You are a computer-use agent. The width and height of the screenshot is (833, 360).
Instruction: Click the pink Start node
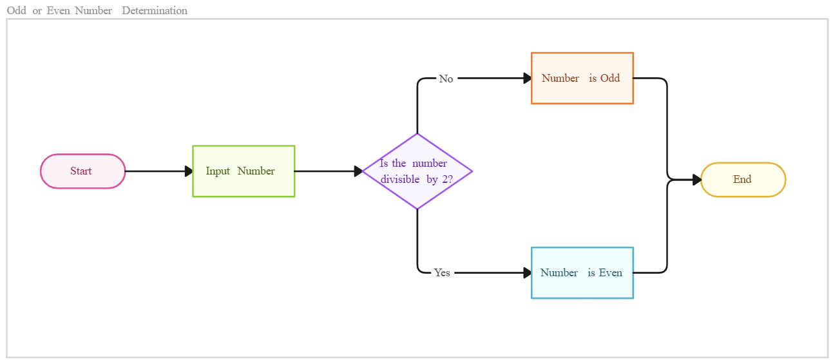82,171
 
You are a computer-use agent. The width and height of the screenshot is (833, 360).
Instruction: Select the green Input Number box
244,171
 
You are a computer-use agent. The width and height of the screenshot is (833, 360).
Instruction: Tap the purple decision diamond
417,171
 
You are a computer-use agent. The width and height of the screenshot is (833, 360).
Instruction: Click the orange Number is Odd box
582,78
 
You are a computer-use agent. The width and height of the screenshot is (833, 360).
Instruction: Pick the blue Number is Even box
582,273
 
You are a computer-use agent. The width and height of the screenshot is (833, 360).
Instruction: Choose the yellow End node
743,180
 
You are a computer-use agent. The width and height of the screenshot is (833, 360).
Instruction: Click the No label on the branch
446,79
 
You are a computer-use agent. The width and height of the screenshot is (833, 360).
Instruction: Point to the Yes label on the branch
442,272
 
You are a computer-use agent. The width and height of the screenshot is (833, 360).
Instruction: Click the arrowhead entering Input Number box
188,171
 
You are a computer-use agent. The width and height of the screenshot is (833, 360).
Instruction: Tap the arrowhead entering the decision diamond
358,171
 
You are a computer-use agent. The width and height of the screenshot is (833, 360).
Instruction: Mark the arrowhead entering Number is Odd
526,78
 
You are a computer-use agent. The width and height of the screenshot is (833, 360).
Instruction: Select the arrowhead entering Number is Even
526,273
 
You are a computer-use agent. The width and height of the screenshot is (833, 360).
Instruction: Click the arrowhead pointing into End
696,180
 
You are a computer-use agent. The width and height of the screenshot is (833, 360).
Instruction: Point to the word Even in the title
58,10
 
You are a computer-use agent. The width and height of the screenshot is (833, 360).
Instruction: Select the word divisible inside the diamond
399,179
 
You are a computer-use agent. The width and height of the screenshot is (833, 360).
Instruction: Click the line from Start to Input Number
155,171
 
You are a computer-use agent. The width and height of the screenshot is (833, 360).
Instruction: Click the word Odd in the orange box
610,78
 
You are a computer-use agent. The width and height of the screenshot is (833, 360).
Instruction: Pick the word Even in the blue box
611,272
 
